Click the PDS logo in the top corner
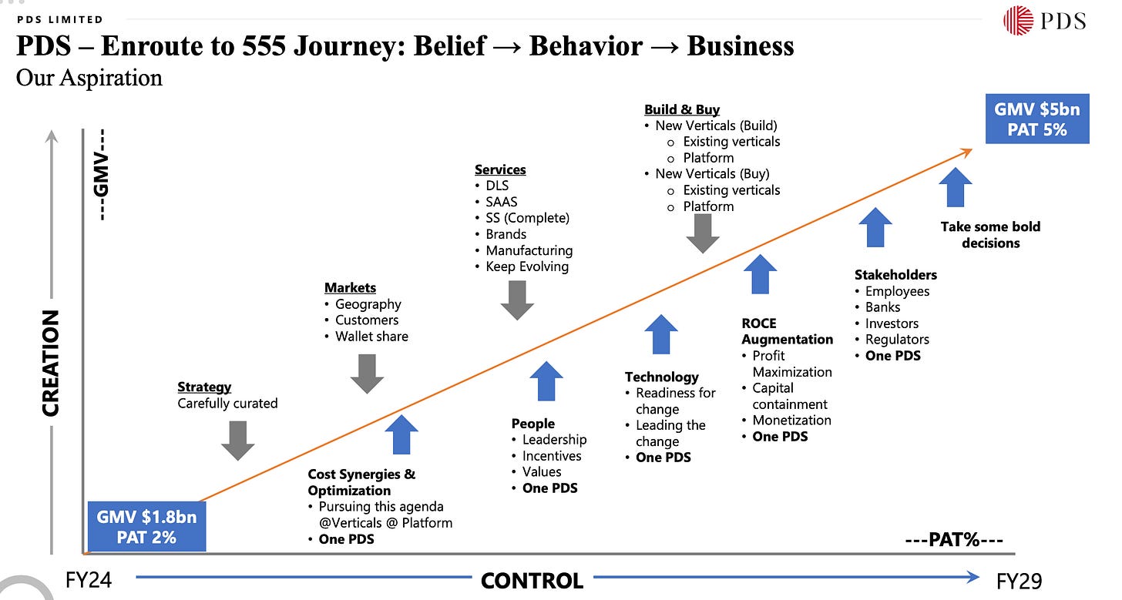[1044, 20]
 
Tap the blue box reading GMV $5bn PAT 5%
[1036, 119]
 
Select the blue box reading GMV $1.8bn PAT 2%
[146, 526]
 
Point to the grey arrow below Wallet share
[367, 374]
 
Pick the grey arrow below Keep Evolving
[517, 300]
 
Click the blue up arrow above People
[546, 381]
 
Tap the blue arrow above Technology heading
[660, 334]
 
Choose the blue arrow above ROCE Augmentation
[761, 275]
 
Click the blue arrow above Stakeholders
[875, 227]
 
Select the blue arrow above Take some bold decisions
[956, 187]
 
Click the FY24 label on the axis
[89, 579]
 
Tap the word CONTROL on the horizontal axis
[532, 580]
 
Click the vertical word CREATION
[51, 363]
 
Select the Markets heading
[350, 287]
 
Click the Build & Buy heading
[682, 109]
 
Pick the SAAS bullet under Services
[501, 202]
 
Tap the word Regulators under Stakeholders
[897, 340]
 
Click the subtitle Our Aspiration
[89, 78]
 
